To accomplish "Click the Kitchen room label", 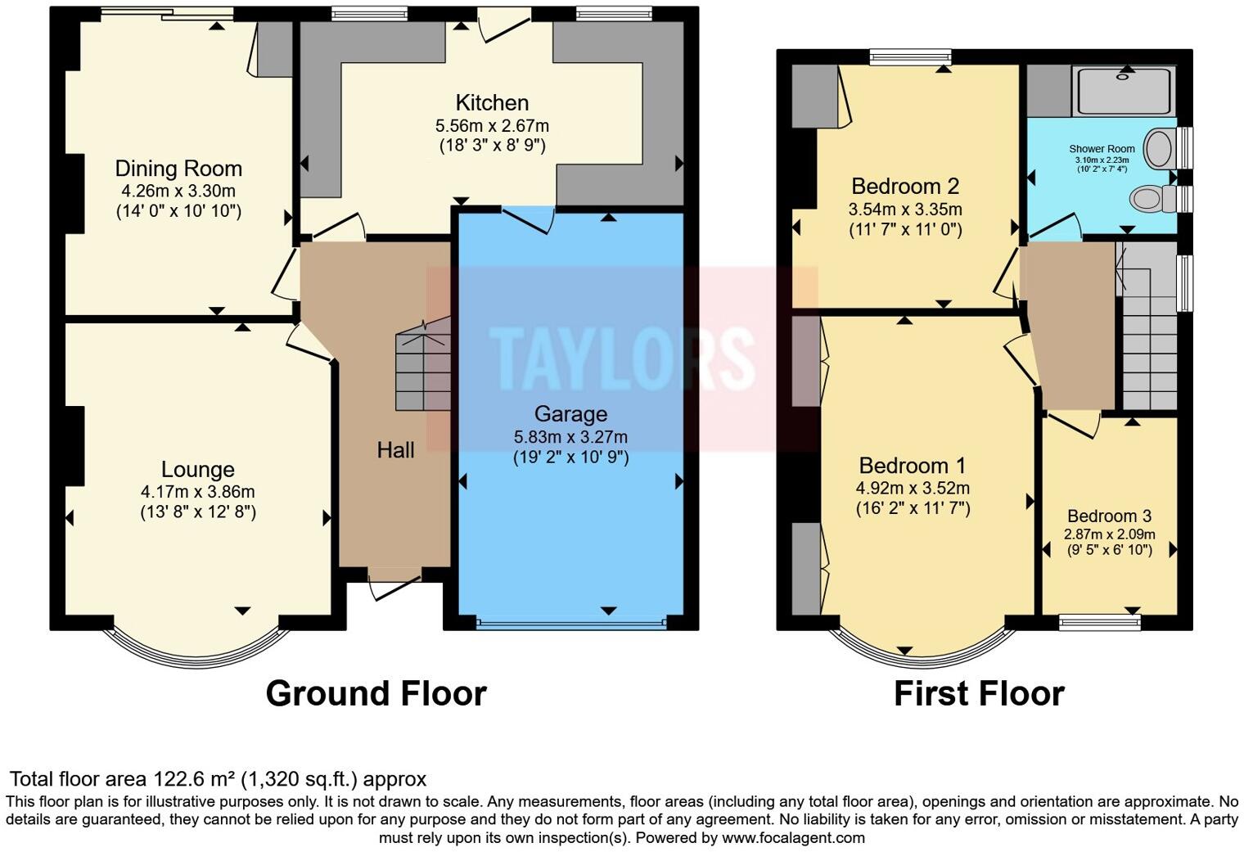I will (x=492, y=103).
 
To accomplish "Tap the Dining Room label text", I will (x=178, y=169).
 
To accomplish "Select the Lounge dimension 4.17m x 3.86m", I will (x=197, y=492).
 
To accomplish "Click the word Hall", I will (x=395, y=449).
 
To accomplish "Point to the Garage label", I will (x=570, y=414).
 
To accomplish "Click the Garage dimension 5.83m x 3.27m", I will (x=570, y=437).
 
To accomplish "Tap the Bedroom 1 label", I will (x=912, y=466).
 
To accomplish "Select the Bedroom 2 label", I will (x=905, y=186).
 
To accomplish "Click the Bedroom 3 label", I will (x=1109, y=516).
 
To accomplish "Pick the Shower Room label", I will (x=1102, y=149).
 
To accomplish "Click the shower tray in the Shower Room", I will (x=1125, y=91).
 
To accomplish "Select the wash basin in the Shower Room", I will (x=1158, y=149).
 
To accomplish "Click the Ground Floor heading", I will (x=376, y=693).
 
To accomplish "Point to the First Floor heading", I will (x=979, y=693).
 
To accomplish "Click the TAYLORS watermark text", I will (x=622, y=358).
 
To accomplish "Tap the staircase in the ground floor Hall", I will (x=422, y=367).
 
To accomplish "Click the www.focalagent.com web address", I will (x=793, y=837).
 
